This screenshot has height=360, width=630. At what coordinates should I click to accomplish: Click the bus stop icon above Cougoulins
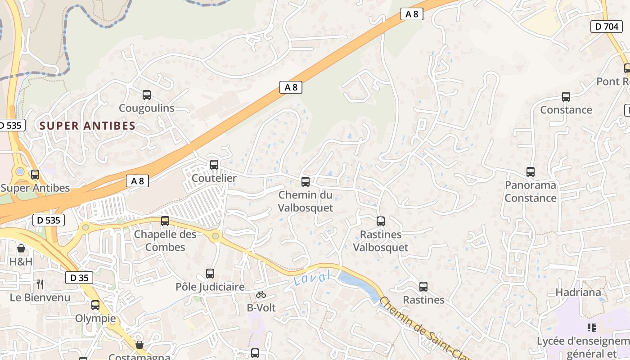click(147, 95)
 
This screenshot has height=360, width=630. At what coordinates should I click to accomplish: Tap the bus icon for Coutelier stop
click(214, 165)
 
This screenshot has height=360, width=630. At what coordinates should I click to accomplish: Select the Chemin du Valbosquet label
click(306, 201)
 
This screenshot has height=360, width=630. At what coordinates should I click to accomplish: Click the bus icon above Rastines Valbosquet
click(381, 221)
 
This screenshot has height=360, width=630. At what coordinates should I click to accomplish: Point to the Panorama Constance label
click(531, 191)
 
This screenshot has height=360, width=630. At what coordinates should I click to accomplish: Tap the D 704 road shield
click(606, 27)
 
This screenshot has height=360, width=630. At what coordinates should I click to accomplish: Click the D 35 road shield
click(80, 278)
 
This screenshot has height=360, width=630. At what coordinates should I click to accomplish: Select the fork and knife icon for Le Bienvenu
click(40, 284)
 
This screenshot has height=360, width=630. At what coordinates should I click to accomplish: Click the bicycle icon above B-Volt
click(261, 295)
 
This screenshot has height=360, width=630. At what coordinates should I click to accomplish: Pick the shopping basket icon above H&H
click(21, 248)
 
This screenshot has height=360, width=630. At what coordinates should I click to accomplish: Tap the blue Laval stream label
click(312, 278)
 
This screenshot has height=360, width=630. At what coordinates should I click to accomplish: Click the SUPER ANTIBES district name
click(87, 126)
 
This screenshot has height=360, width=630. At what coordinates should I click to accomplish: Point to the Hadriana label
click(578, 292)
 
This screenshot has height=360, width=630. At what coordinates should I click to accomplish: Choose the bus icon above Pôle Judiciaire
click(210, 274)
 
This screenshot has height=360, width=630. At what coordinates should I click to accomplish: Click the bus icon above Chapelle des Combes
click(165, 221)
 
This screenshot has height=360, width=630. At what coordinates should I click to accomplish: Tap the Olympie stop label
click(95, 319)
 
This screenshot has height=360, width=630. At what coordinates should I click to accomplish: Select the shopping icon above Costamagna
click(139, 345)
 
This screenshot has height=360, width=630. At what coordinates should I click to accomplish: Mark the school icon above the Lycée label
click(592, 328)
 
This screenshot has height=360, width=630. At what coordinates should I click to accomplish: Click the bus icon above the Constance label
click(566, 97)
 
